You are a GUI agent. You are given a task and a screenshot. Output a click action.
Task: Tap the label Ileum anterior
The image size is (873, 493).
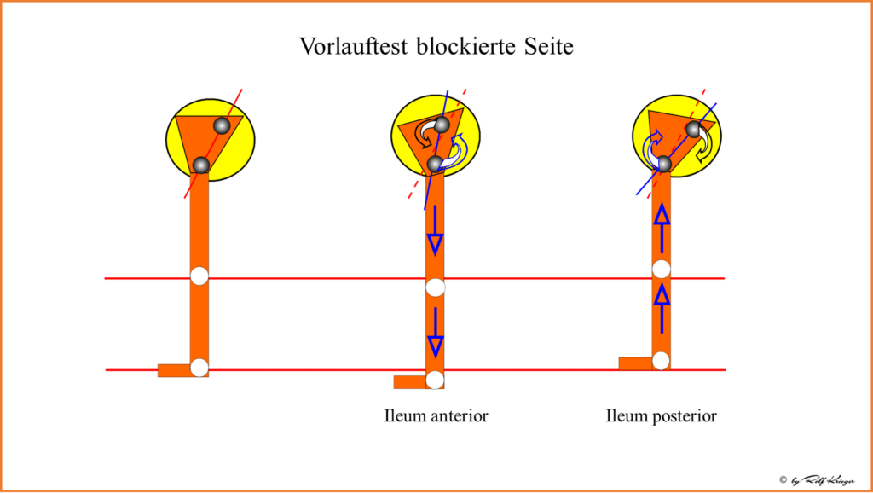point(436,416)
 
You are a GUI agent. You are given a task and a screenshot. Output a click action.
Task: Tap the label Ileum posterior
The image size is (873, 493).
point(661,416)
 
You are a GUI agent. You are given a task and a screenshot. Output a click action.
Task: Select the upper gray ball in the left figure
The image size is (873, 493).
point(222,126)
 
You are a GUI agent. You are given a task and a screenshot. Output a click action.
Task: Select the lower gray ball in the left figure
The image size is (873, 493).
point(201,165)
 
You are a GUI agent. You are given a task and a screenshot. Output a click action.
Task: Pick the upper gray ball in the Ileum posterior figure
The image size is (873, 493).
point(694,129)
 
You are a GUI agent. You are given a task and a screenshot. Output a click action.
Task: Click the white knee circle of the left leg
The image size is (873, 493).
point(199,275)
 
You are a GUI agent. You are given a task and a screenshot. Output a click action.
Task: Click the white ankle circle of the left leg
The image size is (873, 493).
point(199,368)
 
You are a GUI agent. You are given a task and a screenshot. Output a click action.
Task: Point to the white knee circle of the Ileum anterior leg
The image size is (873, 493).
point(435,287)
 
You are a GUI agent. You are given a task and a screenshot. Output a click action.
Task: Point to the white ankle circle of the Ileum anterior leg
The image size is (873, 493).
point(435,380)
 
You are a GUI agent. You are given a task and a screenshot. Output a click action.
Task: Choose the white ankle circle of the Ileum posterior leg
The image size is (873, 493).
point(661,360)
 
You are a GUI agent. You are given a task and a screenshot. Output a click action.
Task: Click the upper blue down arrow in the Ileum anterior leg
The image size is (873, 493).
point(435,229)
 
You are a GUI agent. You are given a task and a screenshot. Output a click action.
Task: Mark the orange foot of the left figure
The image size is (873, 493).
point(174,370)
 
